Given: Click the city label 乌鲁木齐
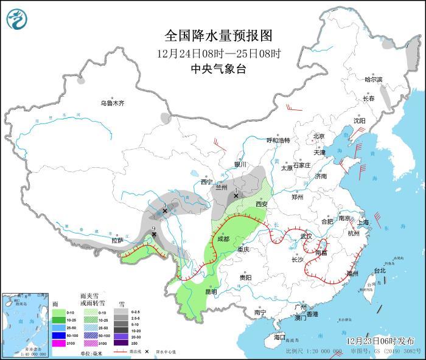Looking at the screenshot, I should (113, 103).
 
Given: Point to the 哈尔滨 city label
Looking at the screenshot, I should (373, 80).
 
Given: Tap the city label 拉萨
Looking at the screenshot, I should (117, 241).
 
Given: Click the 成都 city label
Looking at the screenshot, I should (224, 239).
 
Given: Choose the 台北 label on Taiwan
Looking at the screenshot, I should (379, 270).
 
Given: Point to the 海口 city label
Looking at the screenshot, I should (279, 337).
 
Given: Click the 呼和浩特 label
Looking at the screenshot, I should (279, 140).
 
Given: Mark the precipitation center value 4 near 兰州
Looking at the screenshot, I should (236, 190).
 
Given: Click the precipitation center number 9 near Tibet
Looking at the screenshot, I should (154, 227).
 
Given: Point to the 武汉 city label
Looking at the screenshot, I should (306, 236).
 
